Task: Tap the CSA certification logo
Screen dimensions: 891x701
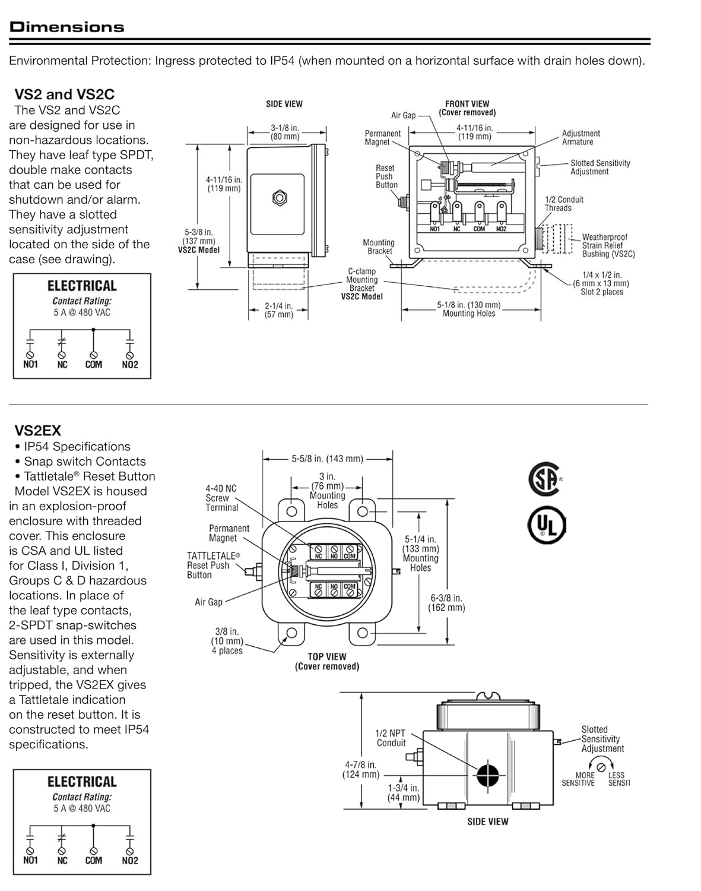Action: (544, 479)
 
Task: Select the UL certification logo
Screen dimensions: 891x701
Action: (547, 525)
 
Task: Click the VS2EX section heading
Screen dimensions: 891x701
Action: (37, 431)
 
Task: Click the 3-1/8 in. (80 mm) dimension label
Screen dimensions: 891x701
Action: (285, 132)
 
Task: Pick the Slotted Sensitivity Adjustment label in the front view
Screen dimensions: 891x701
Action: (600, 168)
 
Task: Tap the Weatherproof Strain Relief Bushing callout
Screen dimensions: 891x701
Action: (608, 245)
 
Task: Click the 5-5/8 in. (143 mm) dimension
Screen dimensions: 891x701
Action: (327, 459)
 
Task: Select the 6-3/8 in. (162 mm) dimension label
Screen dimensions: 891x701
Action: (446, 603)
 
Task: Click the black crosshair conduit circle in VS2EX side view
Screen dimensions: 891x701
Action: (487, 773)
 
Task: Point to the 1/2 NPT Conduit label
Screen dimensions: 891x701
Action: (391, 738)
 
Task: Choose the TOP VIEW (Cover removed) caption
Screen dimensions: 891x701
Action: (327, 662)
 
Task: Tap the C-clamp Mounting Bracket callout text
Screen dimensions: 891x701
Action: (362, 284)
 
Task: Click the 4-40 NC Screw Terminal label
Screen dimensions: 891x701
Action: (221, 498)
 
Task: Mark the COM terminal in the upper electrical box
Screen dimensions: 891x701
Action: (93, 364)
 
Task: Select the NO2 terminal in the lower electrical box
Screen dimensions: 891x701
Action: (130, 860)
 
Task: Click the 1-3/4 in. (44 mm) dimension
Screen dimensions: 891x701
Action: (404, 792)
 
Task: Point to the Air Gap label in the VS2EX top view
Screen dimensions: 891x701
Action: (208, 602)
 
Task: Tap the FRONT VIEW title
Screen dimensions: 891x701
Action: (467, 108)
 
